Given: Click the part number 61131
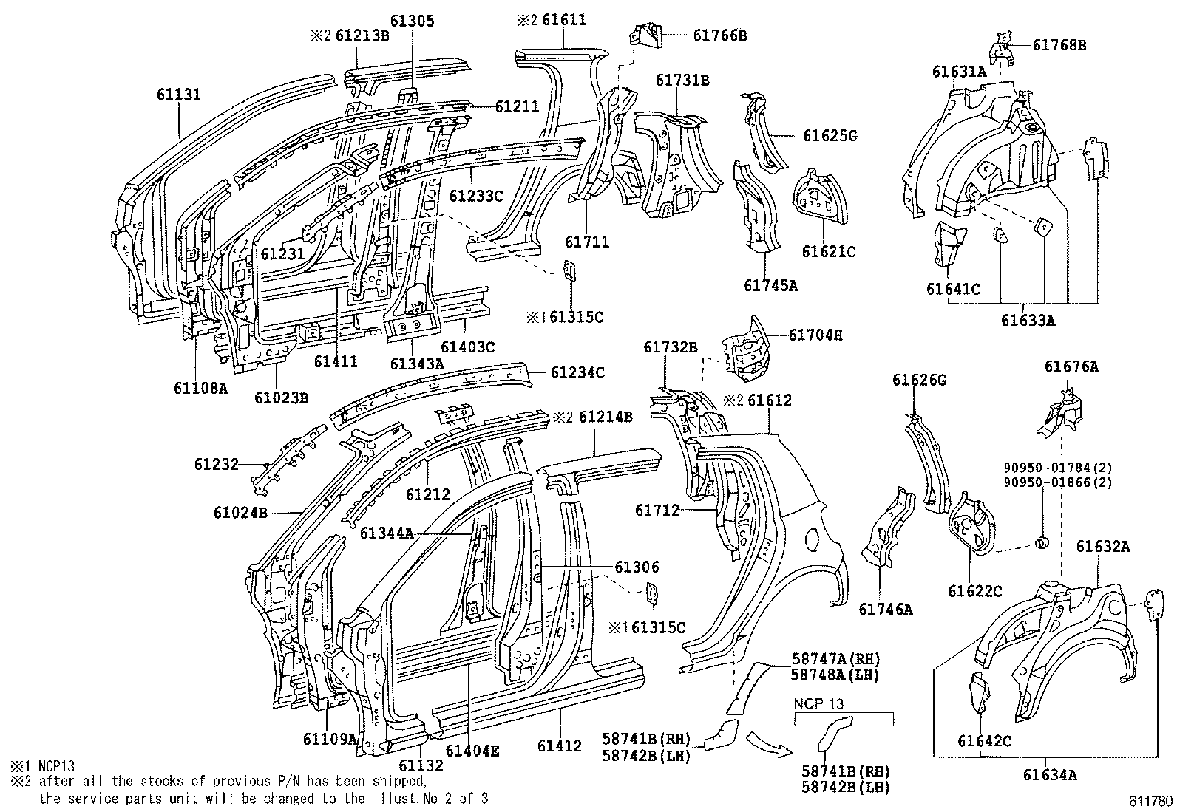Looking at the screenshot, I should [x=178, y=95].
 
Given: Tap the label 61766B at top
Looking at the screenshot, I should [x=719, y=34].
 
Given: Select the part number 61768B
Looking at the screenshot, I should [x=1059, y=45].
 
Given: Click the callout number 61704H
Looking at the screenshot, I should [x=815, y=335].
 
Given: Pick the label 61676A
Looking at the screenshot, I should [x=1071, y=366].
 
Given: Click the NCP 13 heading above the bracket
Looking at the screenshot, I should [x=818, y=704].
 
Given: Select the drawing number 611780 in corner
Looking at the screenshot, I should [x=1150, y=801].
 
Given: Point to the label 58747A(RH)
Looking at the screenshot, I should [x=836, y=659].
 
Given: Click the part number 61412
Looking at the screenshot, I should [x=560, y=746].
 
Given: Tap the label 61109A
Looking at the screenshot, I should [x=330, y=738].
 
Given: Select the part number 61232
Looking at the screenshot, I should [x=217, y=464].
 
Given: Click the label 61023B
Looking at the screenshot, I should [x=281, y=398].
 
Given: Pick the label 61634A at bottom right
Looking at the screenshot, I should [x=1049, y=775].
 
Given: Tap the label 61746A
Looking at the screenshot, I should [x=885, y=609].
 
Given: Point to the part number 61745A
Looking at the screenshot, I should [x=770, y=285].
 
